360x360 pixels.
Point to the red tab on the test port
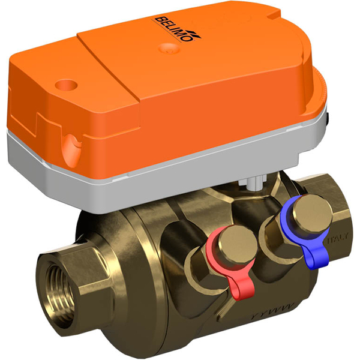tap(238, 289)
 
